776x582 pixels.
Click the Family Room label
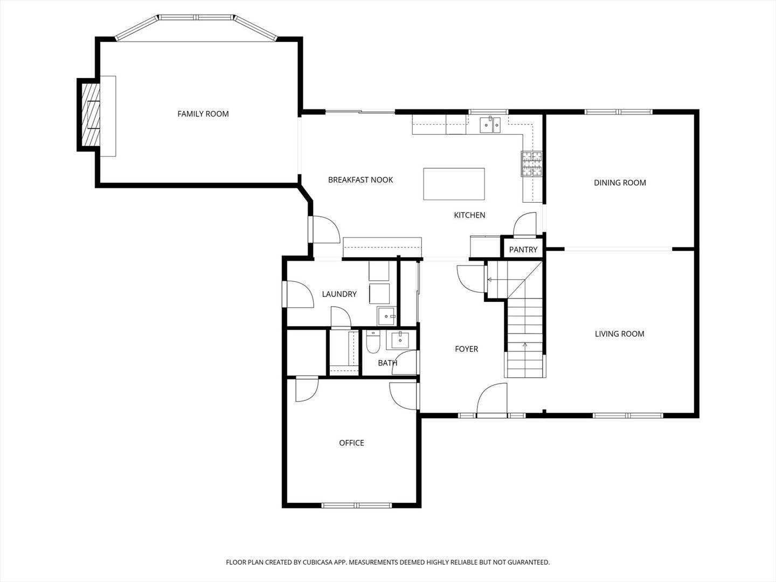tap(203, 114)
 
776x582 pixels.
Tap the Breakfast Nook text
tap(361, 180)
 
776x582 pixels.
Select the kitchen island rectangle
tap(454, 184)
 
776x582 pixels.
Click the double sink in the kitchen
tap(490, 124)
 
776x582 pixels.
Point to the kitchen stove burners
tap(531, 164)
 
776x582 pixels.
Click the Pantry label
tap(523, 250)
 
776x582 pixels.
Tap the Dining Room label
tap(620, 183)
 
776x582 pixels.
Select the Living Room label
tap(619, 334)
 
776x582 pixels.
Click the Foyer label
tap(466, 349)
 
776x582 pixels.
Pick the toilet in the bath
tap(372, 342)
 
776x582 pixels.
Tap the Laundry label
tap(339, 294)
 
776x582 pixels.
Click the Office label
tap(351, 443)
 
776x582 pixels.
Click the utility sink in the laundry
tap(386, 316)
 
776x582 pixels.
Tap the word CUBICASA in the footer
tap(317, 562)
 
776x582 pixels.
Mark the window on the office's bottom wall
tap(356, 505)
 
